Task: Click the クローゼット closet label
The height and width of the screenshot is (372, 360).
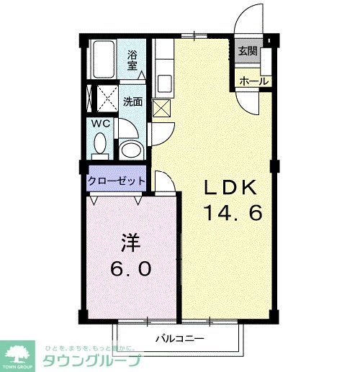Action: click(x=117, y=181)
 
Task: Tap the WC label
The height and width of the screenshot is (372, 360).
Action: click(x=100, y=123)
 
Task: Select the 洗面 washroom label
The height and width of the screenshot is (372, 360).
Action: click(x=132, y=101)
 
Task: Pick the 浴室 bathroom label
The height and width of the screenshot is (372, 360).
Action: click(x=133, y=59)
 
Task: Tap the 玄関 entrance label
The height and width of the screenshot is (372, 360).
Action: click(x=248, y=53)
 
